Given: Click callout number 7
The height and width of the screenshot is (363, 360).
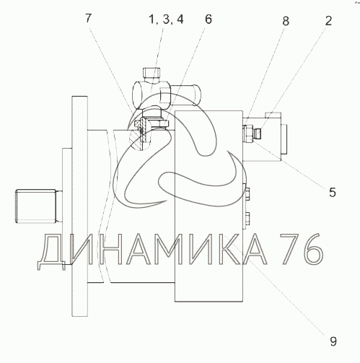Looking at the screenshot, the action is [x=89, y=18].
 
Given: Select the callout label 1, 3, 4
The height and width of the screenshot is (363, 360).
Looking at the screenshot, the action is [x=166, y=19].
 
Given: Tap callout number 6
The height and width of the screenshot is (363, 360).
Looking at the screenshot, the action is [x=208, y=19].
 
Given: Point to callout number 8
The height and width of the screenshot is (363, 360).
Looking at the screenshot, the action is [x=286, y=21].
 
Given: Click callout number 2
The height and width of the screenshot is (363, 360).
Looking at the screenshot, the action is [x=328, y=21].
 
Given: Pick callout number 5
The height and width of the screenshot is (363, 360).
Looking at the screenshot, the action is [x=332, y=193].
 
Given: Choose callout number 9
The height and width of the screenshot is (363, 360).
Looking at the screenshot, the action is [x=333, y=341].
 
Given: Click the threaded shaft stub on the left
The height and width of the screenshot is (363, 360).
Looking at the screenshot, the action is [x=37, y=206].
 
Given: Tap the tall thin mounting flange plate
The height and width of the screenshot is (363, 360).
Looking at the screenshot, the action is [x=79, y=206].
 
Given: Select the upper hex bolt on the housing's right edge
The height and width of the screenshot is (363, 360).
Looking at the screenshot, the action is [x=247, y=194].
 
